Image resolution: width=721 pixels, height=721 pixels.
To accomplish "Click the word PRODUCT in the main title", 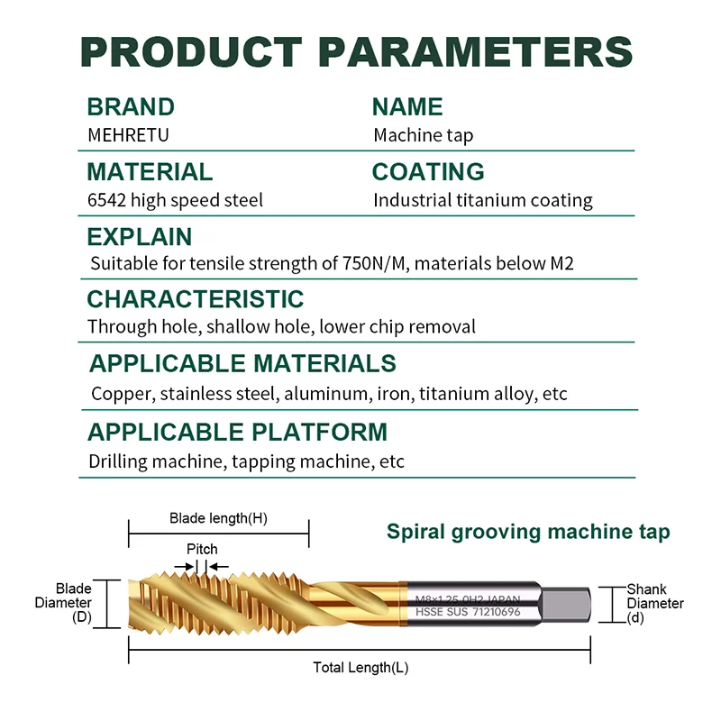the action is pyautogui.click(x=191, y=51).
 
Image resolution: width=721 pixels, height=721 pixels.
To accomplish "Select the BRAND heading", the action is pyautogui.click(x=131, y=107).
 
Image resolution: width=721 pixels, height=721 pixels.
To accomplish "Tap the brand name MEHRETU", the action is pyautogui.click(x=128, y=135).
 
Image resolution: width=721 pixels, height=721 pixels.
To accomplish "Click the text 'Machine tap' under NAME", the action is pyautogui.click(x=423, y=136).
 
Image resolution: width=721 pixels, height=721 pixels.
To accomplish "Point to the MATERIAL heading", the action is pyautogui.click(x=150, y=172).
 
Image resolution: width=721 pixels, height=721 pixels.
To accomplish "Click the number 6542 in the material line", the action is pyautogui.click(x=106, y=200).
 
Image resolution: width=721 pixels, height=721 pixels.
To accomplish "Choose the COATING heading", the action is pyautogui.click(x=428, y=172).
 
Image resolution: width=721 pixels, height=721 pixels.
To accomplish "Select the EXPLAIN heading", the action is pyautogui.click(x=140, y=237).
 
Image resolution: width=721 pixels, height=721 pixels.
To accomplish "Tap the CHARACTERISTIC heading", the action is pyautogui.click(x=196, y=299).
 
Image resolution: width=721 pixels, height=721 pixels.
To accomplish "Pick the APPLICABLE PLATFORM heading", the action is pyautogui.click(x=238, y=433).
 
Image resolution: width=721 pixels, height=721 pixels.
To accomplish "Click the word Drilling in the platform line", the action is pyautogui.click(x=118, y=461).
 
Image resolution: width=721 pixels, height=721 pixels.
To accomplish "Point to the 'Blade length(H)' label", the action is pyautogui.click(x=218, y=518).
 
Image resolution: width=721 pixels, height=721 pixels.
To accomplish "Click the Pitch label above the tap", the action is pyautogui.click(x=202, y=549).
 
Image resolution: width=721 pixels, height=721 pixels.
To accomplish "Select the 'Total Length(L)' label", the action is pyautogui.click(x=360, y=667).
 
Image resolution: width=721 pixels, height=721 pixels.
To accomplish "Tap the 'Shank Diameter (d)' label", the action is pyautogui.click(x=655, y=603).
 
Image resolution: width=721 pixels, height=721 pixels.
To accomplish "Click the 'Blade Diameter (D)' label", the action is pyautogui.click(x=63, y=602).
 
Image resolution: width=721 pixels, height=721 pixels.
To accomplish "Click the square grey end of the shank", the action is pyautogui.click(x=565, y=605).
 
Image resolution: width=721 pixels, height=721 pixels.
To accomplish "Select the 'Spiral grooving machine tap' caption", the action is pyautogui.click(x=528, y=532).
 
